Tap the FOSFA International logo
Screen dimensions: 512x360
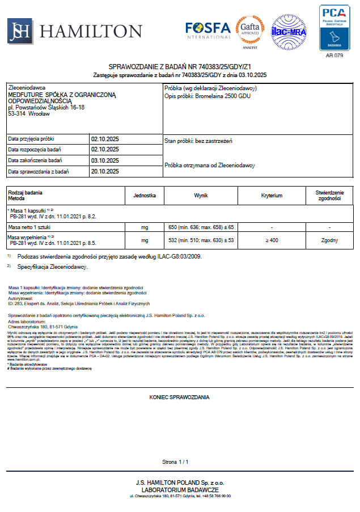[207, 30]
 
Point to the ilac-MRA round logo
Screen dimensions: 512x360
[289, 32]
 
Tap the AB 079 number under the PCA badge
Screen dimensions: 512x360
[334, 56]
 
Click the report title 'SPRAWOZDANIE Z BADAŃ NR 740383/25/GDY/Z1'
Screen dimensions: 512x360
[180, 67]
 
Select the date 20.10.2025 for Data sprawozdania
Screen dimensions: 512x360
[105, 171]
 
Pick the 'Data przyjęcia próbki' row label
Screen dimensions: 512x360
[31, 139]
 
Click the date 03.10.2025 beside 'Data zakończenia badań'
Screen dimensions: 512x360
[105, 160]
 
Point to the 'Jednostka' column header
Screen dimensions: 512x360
[144, 195]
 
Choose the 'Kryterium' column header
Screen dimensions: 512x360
[272, 195]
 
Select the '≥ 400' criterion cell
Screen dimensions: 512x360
[272, 241]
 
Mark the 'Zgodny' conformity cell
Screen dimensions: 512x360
[329, 241]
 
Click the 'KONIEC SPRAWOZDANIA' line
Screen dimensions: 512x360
[180, 397]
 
